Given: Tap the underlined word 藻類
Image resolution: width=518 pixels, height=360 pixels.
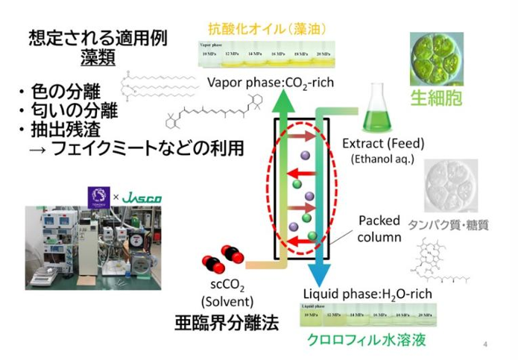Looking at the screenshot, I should (x=98, y=56).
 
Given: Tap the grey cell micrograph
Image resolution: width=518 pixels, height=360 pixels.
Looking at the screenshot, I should (x=449, y=185).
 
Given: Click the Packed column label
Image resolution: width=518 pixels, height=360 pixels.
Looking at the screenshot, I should (x=379, y=230).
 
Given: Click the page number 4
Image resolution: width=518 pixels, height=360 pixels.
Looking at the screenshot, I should (x=485, y=344).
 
